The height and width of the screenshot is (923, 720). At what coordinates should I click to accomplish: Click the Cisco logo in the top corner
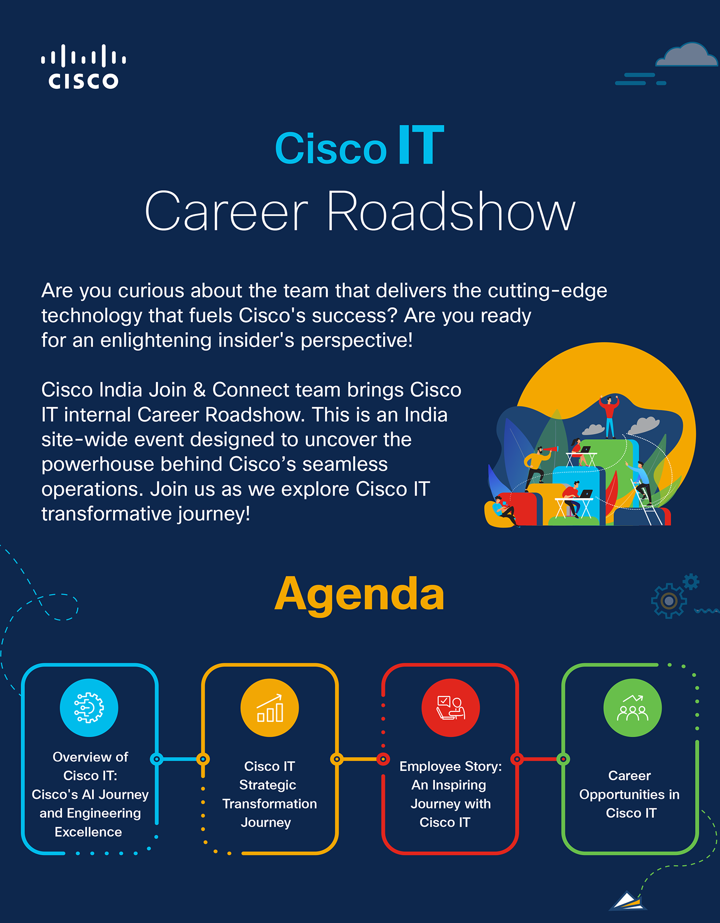coord(84,67)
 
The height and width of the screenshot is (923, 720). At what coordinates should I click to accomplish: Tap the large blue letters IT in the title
coord(421,145)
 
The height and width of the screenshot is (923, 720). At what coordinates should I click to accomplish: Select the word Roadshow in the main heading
coord(451,211)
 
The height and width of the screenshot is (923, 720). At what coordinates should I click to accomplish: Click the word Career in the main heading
coord(226,212)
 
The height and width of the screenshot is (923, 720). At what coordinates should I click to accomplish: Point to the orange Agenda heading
coord(360,595)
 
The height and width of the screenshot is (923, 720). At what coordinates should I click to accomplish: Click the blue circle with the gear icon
coord(89,707)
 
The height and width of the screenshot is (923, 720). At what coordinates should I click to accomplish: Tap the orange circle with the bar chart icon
coord(270,707)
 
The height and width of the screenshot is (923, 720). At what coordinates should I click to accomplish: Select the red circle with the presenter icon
coord(450,707)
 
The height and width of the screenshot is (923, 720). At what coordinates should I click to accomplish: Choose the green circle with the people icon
coord(632,707)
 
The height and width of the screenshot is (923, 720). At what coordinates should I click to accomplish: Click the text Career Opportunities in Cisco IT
coord(629,794)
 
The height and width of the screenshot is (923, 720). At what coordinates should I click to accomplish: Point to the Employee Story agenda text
coord(450,794)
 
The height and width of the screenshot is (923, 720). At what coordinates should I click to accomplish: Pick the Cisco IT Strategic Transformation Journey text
coord(269,794)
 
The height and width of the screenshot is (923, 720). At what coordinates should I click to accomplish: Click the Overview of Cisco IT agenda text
coord(90,794)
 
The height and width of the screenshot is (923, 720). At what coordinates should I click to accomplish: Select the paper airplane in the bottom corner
coord(627,901)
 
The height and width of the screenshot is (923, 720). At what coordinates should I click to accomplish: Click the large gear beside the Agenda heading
coord(669,600)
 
